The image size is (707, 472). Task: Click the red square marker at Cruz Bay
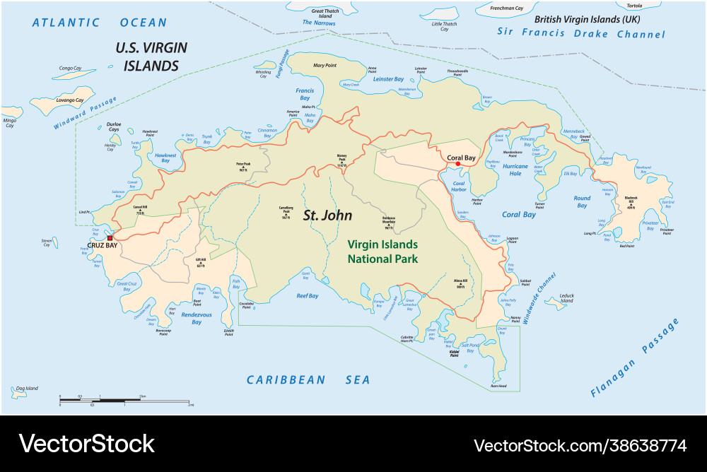pos(110,237)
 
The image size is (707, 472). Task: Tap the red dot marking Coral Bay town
pos(458,164)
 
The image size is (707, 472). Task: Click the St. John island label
pos(327,216)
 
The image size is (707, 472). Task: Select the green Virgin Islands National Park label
pos(382,252)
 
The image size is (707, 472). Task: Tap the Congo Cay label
pos(70,69)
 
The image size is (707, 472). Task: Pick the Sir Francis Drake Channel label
pos(580,33)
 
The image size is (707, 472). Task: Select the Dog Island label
pos(27,388)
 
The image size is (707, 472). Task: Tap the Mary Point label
pos(325,66)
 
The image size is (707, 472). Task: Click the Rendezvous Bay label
pos(197,318)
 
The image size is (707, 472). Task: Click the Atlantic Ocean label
pos(99,23)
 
